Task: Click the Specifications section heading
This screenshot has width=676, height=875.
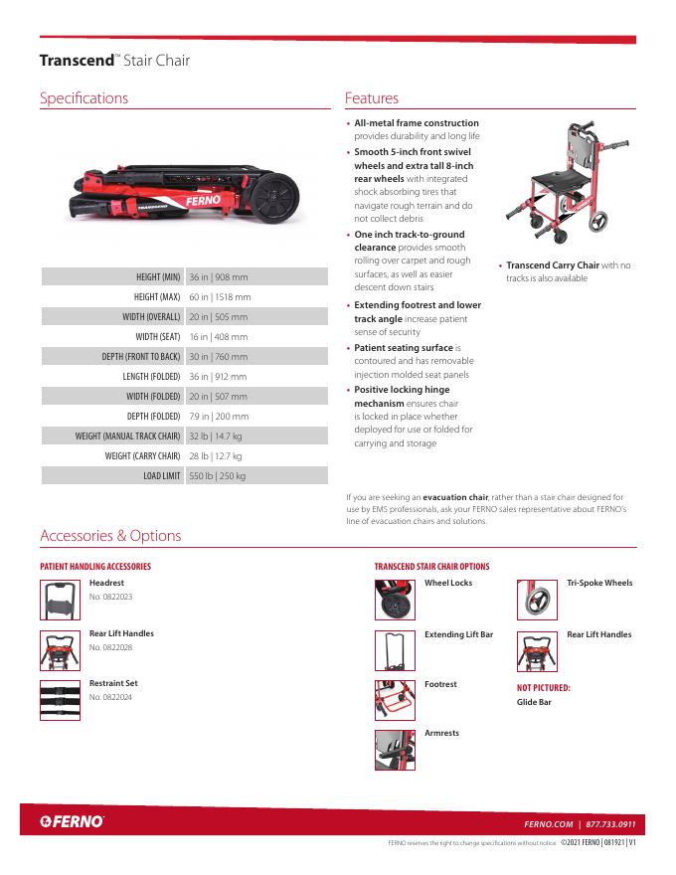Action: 84,98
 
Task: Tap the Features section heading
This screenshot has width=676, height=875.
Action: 372,98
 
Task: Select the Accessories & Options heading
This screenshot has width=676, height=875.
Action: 110,536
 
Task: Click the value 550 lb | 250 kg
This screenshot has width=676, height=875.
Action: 218,476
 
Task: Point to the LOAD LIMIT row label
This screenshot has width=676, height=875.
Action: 161,476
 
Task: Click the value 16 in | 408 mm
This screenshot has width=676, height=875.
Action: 219,336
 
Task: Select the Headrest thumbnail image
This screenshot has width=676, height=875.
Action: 60,600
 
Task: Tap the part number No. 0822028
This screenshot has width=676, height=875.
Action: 110,647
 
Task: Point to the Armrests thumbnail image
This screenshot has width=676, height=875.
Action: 395,750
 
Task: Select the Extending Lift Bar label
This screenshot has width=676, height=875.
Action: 458,634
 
